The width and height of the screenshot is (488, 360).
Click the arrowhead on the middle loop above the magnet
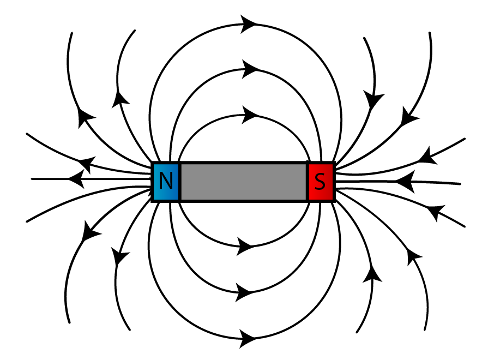250,69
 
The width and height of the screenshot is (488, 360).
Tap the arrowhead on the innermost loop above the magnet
250,115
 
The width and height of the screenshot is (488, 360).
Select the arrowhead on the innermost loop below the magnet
245,247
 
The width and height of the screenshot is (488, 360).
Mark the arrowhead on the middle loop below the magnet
245,292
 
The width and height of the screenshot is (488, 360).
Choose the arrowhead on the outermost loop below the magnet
247,337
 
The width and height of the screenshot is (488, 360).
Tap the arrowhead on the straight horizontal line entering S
403,181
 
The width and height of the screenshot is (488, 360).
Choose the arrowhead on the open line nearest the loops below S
373,273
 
